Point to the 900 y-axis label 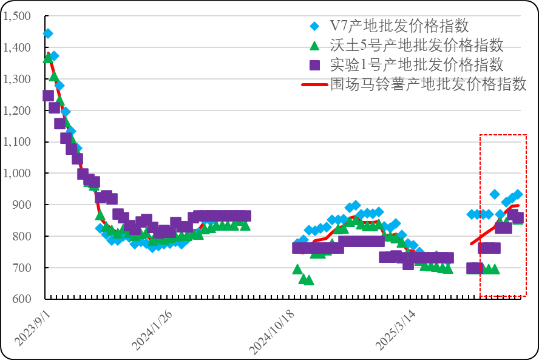coord(21,205)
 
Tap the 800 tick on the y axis coord(21,237)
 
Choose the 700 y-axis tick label coord(21,268)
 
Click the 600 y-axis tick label coord(21,299)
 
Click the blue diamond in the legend coord(314,26)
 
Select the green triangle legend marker coord(314,45)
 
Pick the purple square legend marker coord(314,64)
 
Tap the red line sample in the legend coord(314,84)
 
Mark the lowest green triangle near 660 coord(308,280)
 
